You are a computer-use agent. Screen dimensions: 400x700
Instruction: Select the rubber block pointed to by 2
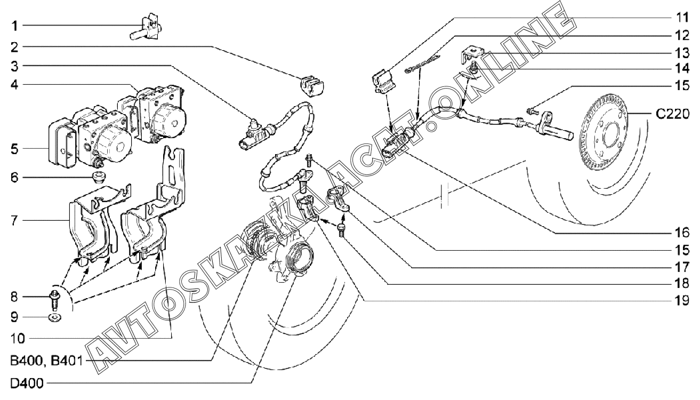click(x=312, y=85)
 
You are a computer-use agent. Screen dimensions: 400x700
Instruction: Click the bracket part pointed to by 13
click(x=471, y=53)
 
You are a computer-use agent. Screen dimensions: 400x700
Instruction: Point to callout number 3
click(x=15, y=66)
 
